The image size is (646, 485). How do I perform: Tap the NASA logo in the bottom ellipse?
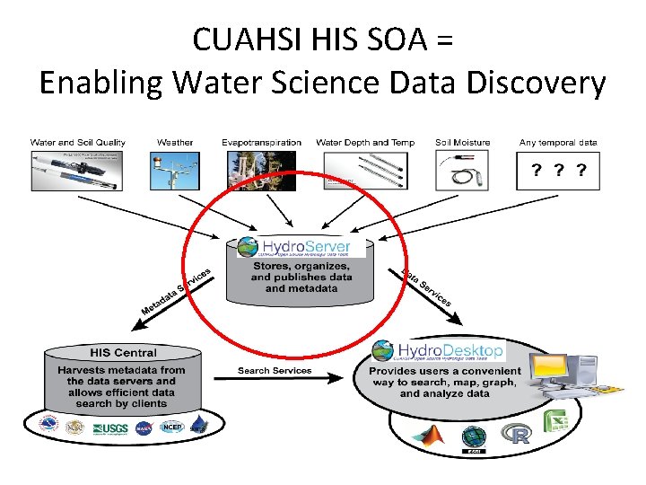coord(144,428)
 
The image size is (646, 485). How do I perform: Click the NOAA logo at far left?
coord(49,426)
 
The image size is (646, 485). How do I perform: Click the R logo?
coord(517,436)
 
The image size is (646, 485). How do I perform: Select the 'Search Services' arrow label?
coord(275,370)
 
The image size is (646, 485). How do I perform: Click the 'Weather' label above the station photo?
coord(175,142)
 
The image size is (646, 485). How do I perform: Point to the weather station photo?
coord(175,170)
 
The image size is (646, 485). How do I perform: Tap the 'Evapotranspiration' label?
coord(262,142)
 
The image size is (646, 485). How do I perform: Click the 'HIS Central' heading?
coord(123,352)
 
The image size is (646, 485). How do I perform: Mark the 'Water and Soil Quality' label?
coord(78,142)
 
